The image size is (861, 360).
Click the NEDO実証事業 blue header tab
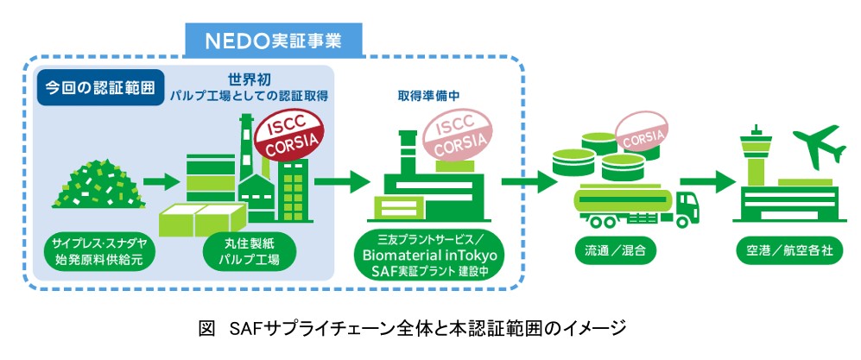pyautogui.click(x=273, y=41)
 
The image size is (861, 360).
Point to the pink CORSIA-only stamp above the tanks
pyautogui.click(x=642, y=132)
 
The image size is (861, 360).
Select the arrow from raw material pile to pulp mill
pyautogui.click(x=161, y=181)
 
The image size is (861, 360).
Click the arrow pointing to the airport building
pyautogui.click(x=706, y=181)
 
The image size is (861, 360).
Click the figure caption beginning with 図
pyautogui.click(x=413, y=329)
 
